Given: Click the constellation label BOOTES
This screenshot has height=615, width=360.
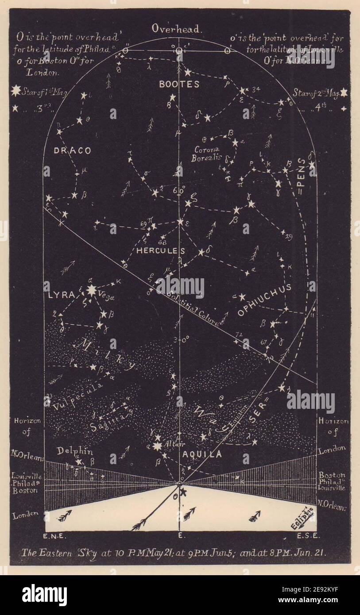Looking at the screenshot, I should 179,84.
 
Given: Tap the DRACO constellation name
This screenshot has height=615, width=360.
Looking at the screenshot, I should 72,150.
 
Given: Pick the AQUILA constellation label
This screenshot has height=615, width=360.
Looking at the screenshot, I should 202,454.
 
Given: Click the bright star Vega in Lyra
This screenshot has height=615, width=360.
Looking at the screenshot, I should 92,290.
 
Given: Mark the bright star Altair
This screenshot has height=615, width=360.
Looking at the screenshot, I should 157,446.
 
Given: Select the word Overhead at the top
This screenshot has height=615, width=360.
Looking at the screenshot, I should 177,29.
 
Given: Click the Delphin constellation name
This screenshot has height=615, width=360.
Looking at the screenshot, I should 74,451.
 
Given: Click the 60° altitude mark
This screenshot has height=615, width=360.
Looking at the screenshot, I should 179,191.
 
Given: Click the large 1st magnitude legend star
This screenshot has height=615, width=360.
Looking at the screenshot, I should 16,91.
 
